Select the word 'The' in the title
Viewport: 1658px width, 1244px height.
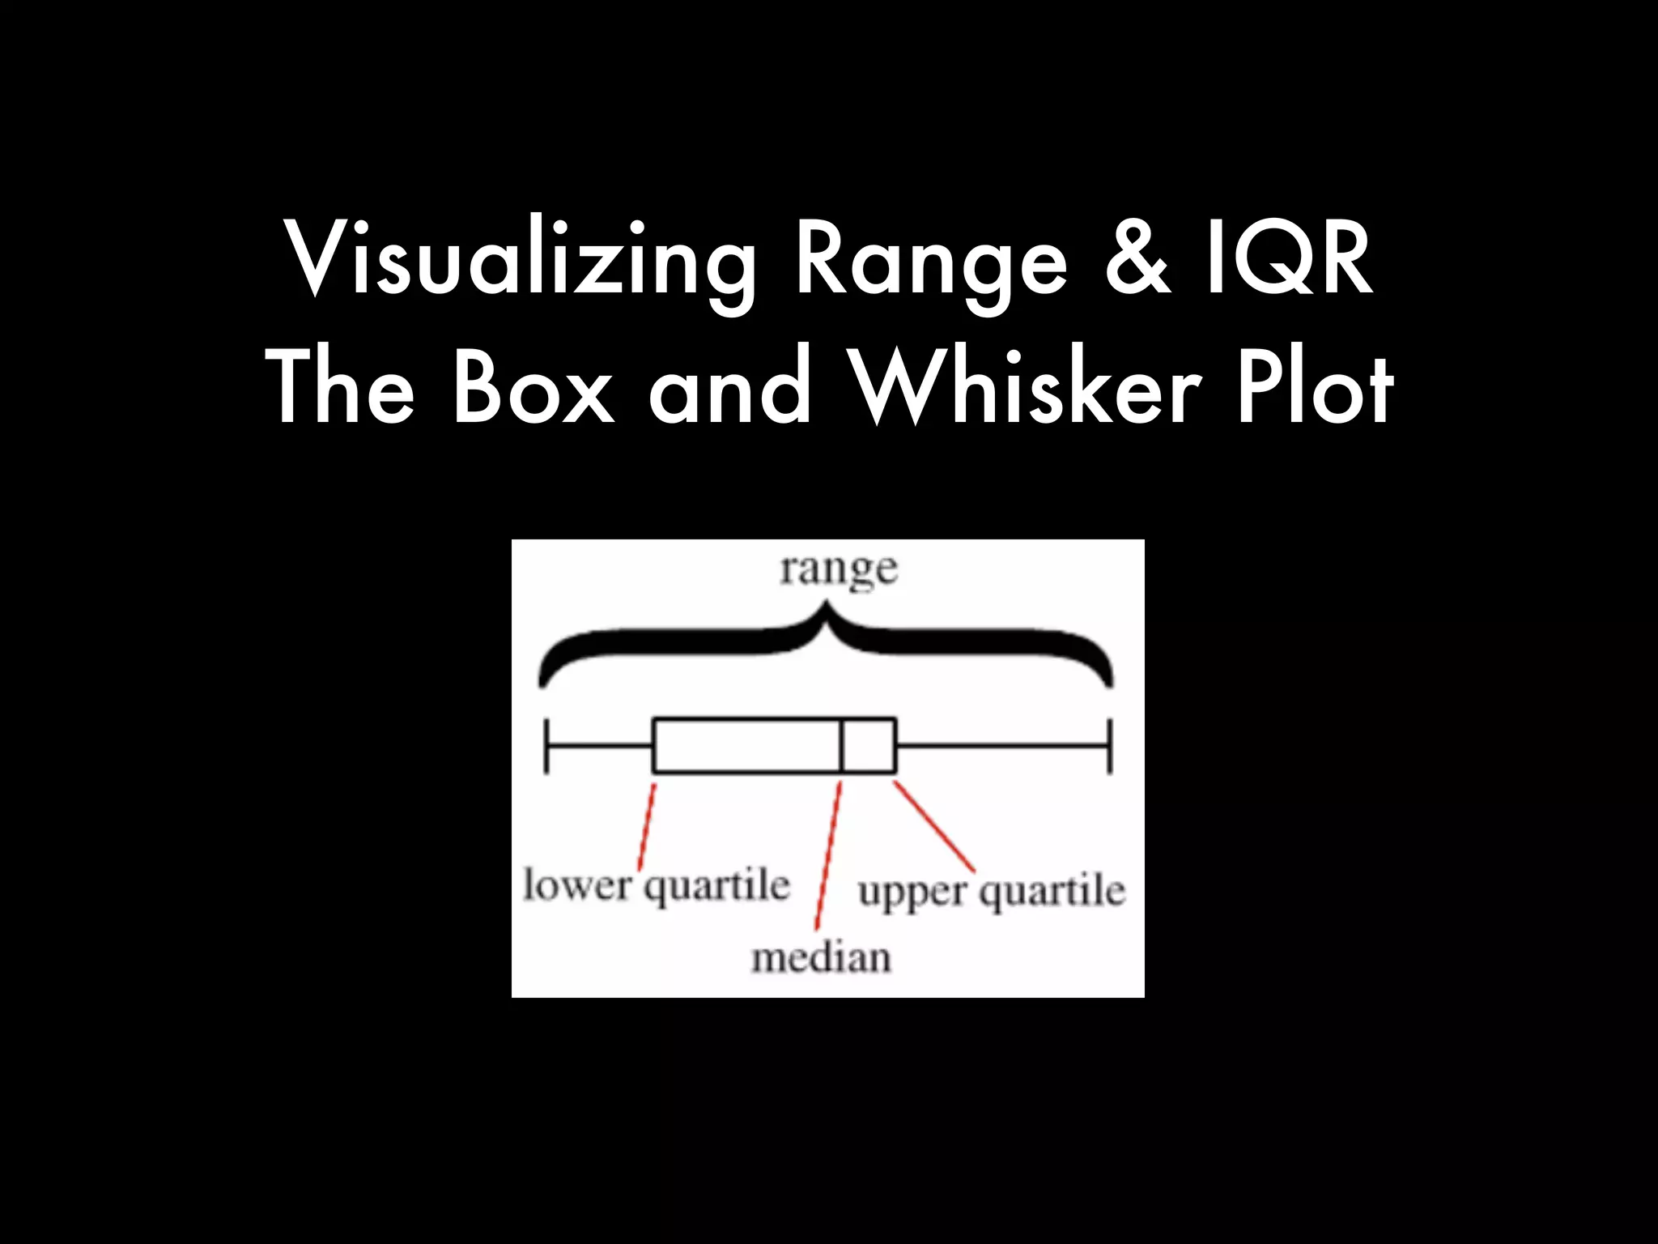pos(340,387)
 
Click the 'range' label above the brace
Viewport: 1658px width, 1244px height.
pos(839,570)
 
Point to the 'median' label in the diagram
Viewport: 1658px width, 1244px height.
pos(821,957)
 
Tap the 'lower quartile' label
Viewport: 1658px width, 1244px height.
pos(656,884)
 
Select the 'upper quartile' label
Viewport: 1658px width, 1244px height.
pos(991,891)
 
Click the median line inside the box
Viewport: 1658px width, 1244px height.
pos(842,745)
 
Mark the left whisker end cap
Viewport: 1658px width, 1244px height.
pos(547,745)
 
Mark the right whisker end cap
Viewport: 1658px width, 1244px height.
pos(1109,745)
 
